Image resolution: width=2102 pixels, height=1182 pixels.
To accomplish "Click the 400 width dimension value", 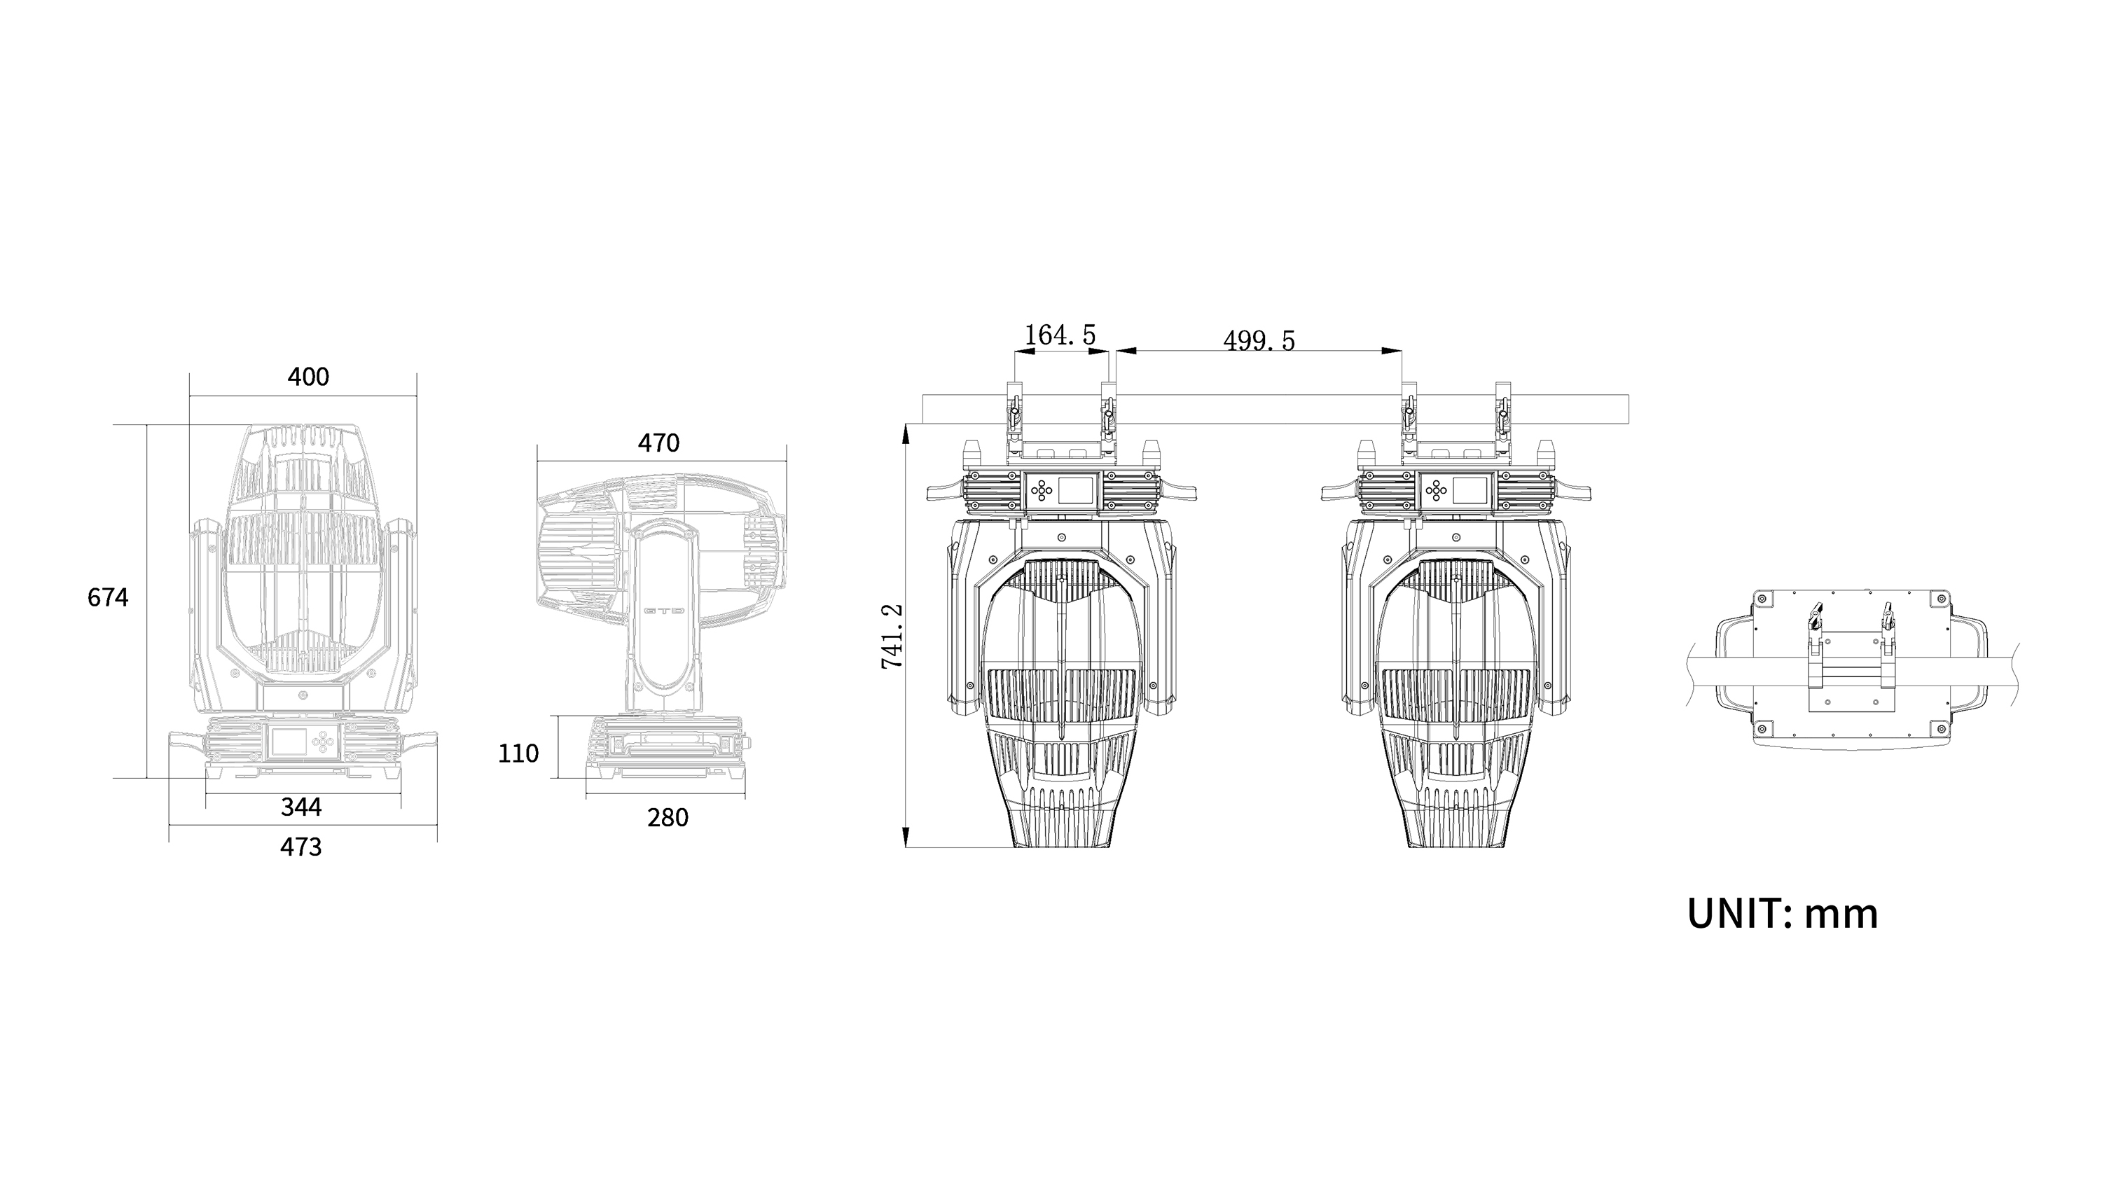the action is click(x=308, y=377).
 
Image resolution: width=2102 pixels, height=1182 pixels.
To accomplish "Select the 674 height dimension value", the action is click(x=108, y=598).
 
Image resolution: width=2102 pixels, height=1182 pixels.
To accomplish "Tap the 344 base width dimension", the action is click(x=301, y=807).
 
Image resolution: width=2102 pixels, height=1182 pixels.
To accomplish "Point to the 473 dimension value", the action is click(x=301, y=847).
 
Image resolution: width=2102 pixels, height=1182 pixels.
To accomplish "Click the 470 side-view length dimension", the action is click(x=658, y=443).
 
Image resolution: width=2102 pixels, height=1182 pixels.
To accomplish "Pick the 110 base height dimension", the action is click(x=518, y=753).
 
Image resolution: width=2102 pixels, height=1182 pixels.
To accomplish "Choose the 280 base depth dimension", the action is click(x=668, y=817).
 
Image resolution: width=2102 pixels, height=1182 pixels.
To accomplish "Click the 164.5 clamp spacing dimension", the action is click(x=1060, y=335).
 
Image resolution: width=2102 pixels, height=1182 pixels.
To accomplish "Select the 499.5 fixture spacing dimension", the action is click(x=1259, y=340).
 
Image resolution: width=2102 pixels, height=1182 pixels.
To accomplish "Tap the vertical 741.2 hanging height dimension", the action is click(x=892, y=637).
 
